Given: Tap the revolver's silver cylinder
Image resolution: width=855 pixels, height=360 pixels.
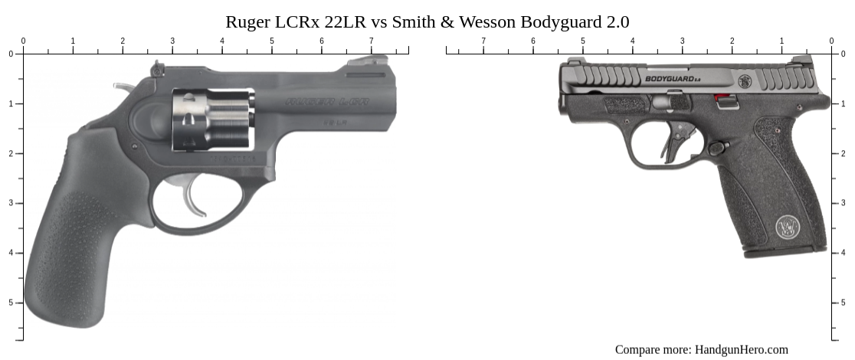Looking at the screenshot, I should pos(213,119).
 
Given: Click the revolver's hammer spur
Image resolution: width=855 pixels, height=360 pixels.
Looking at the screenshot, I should pos(123,87).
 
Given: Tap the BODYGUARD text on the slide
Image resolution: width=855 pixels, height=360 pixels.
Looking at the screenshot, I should pos(668,78).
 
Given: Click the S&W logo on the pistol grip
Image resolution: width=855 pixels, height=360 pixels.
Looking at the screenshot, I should pos(788,227).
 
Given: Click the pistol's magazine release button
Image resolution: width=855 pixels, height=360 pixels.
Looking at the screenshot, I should pos(718,148).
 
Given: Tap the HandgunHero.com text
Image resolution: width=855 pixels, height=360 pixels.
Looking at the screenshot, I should pos(741,349).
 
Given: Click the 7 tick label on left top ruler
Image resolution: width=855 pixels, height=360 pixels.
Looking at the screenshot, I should pos(372,41).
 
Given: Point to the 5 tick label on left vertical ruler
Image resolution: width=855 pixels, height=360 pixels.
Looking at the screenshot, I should pos(11,303).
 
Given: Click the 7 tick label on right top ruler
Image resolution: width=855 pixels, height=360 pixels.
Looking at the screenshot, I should pos(483,41).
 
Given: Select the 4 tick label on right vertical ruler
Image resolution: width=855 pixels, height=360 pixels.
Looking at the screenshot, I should pos(844,253).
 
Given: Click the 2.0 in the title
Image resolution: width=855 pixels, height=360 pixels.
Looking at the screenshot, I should pos(615,21).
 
